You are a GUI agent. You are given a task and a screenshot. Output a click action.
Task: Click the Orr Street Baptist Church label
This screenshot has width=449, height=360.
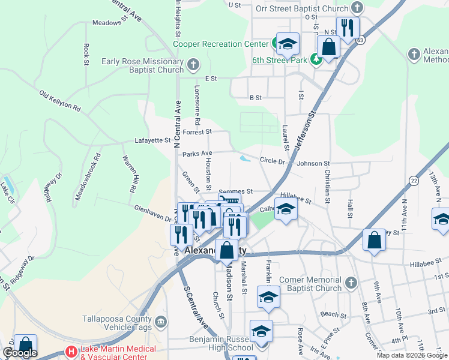pos(301,8)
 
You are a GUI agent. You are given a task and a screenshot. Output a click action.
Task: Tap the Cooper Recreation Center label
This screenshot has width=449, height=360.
pos(220,44)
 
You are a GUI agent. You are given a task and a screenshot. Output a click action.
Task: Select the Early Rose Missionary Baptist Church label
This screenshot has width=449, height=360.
pos(142,65)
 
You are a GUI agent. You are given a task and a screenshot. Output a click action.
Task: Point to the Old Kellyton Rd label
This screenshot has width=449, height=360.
pos(60,101)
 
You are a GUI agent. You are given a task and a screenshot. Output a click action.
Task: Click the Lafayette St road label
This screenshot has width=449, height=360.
pos(153,140)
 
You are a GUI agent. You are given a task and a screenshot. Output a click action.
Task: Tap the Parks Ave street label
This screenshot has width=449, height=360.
pos(197,154)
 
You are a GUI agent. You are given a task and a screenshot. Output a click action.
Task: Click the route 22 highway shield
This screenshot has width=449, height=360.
pos(414,181)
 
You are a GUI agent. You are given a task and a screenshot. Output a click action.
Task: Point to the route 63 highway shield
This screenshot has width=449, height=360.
pos(360,40)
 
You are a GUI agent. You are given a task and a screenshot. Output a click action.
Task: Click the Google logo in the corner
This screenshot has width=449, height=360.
pos(20,353)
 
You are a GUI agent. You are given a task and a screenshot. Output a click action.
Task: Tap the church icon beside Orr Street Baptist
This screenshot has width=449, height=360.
pos(357,8)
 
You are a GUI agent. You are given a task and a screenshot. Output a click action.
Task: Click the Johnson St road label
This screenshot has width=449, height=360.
pos(313,163)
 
